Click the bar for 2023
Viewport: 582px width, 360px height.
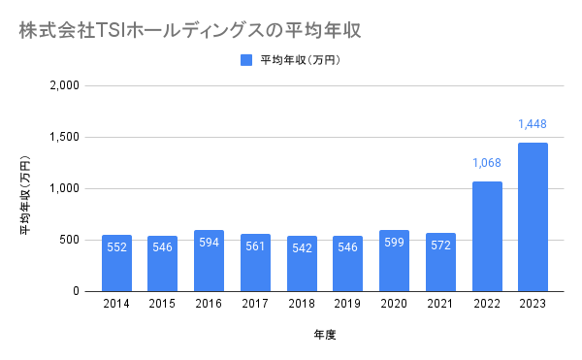click(x=533, y=217)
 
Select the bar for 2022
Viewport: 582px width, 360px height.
click(x=487, y=237)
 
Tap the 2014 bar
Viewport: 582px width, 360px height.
click(x=117, y=263)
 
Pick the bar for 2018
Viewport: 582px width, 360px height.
click(x=302, y=264)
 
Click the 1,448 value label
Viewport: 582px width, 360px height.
click(x=533, y=124)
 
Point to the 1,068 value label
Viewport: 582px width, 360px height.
click(x=487, y=163)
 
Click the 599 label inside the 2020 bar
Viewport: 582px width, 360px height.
click(x=394, y=243)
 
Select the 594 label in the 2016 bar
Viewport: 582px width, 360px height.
click(x=209, y=243)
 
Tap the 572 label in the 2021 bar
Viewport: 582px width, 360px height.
click(x=440, y=245)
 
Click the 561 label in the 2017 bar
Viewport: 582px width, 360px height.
click(x=255, y=246)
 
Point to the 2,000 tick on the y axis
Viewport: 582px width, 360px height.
click(x=65, y=85)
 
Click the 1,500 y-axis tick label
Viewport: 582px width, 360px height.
click(x=65, y=138)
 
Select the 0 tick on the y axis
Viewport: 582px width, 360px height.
click(x=76, y=291)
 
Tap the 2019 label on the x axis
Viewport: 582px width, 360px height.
click(x=347, y=304)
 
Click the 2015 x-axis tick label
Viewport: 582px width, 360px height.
click(x=162, y=304)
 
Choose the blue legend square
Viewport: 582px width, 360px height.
click(x=246, y=60)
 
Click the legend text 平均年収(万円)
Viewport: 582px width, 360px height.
click(x=301, y=60)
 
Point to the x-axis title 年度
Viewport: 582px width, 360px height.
click(x=325, y=335)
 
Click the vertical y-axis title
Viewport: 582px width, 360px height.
click(x=25, y=195)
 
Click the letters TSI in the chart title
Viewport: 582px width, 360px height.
click(x=111, y=31)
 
